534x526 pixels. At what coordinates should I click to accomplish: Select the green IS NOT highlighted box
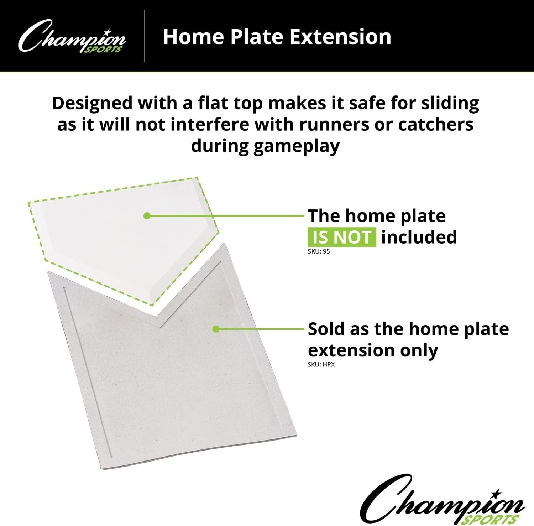[342, 238]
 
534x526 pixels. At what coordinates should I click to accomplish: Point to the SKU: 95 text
[319, 251]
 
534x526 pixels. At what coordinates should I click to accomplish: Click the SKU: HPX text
[321, 365]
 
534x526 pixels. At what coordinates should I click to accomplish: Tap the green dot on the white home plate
[146, 215]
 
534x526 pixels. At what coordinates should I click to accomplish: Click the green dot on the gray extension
[216, 329]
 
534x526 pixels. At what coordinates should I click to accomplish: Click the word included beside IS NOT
[419, 237]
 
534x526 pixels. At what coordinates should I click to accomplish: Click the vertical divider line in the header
[145, 36]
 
